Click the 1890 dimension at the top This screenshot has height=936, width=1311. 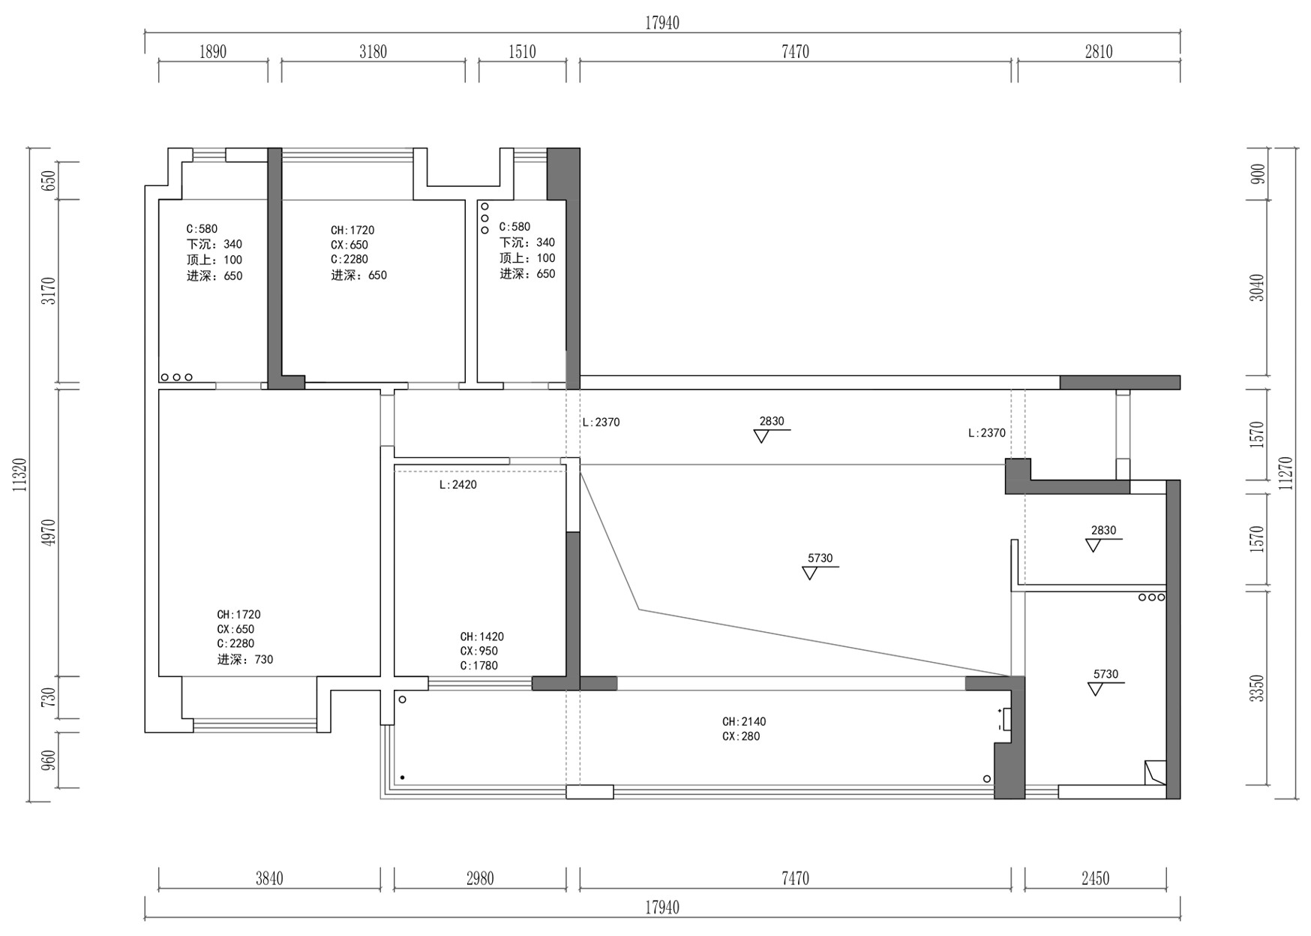tap(212, 52)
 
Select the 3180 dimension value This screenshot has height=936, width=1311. tap(373, 52)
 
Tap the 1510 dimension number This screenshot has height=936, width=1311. tap(522, 52)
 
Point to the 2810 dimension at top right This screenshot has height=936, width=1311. tap(1098, 52)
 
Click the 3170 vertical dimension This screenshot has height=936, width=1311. tap(49, 291)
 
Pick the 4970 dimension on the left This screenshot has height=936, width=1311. tap(49, 532)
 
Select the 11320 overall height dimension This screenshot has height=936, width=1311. tap(20, 474)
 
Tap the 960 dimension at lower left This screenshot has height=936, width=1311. tap(49, 760)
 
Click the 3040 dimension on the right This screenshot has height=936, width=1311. tap(1257, 288)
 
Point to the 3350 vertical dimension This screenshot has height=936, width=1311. tap(1257, 688)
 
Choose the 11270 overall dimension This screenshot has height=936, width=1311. tap(1286, 474)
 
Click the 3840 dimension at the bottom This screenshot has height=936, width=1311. tap(268, 878)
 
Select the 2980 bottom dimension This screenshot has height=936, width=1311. tap(479, 878)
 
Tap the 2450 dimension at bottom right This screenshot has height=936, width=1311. tap(1095, 878)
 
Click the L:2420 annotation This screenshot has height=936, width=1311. tap(458, 485)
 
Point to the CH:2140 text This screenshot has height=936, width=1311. tap(744, 722)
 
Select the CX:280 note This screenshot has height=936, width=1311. tap(741, 736)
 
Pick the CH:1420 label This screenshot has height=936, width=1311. tap(482, 637)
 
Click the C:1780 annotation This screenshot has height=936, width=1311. tap(479, 666)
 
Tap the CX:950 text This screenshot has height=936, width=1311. tap(479, 652)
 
